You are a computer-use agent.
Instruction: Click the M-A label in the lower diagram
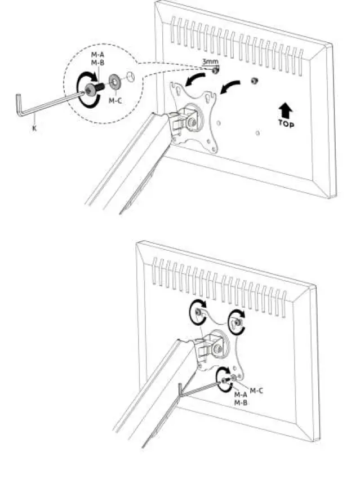point(241,395)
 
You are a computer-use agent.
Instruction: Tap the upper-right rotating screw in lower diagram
point(237,321)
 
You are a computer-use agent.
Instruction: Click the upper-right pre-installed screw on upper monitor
point(254,81)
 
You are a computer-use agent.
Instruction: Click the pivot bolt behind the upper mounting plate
point(193,120)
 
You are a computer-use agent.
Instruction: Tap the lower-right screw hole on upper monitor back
point(257,133)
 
